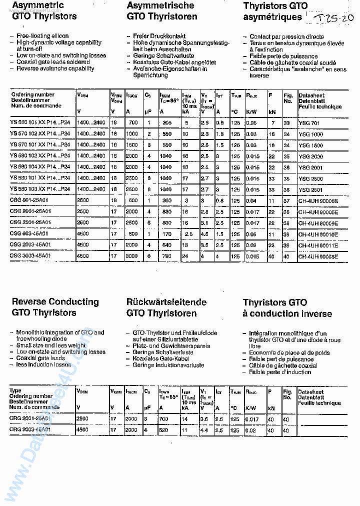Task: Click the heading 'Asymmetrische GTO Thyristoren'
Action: pos(161,11)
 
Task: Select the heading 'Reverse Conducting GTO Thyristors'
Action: pos(55,307)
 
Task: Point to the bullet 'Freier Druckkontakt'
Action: pos(159,36)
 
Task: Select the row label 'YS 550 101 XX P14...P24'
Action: pos(40,123)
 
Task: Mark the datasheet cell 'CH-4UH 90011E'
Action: pos(318,245)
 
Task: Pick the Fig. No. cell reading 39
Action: pos(286,234)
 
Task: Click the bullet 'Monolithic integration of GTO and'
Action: pos(60,332)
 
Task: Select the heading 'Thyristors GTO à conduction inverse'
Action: pos(287,308)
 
